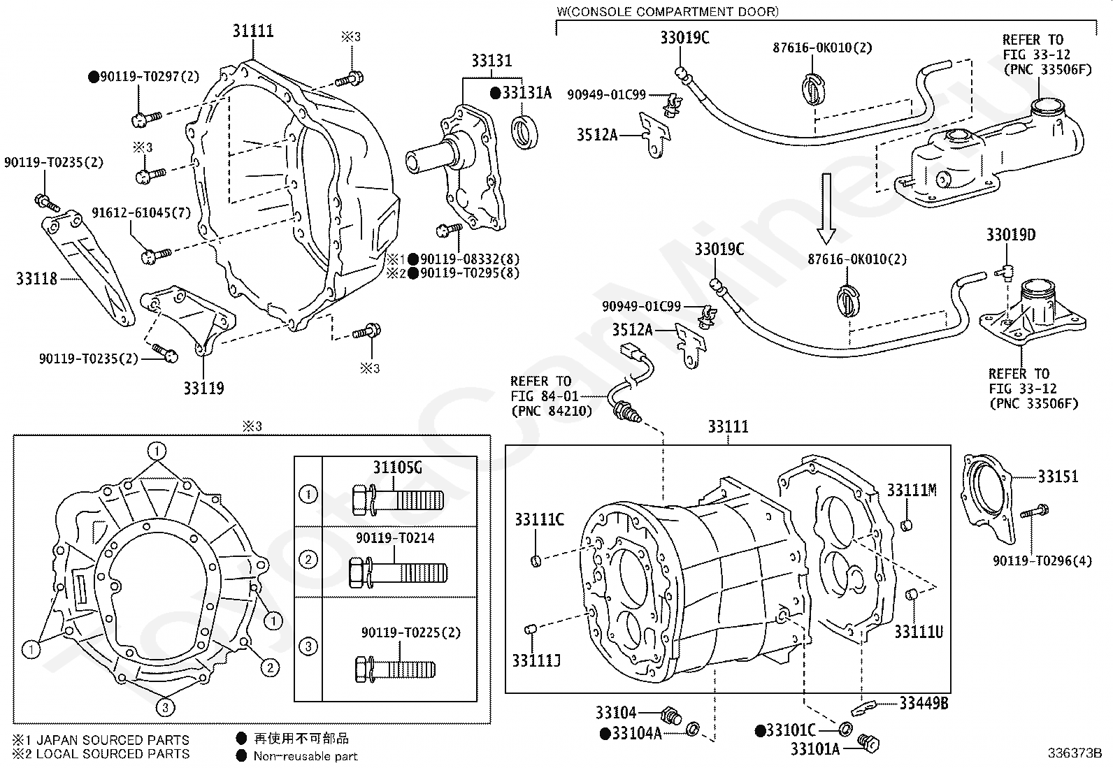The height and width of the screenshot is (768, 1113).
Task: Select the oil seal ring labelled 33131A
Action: click(x=524, y=133)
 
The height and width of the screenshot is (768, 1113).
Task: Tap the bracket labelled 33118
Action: click(x=87, y=268)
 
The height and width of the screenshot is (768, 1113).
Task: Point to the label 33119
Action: click(x=203, y=388)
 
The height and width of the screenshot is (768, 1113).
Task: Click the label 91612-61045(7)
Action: click(x=141, y=212)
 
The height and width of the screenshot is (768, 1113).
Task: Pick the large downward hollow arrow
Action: click(x=826, y=209)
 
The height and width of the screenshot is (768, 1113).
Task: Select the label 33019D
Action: click(x=1011, y=235)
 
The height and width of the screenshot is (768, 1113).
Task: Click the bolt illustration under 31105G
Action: click(x=398, y=499)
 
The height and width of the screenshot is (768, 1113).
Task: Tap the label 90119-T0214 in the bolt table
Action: click(x=395, y=538)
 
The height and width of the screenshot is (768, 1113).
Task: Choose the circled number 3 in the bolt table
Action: click(x=308, y=646)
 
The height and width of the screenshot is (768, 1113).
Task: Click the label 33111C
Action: click(x=539, y=520)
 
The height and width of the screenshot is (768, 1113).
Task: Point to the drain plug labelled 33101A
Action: click(x=869, y=744)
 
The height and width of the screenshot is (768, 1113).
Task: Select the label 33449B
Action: click(x=924, y=703)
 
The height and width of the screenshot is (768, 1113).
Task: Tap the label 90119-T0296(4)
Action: click(x=1042, y=561)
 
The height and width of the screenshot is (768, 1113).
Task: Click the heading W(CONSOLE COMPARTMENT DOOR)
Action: click(x=667, y=11)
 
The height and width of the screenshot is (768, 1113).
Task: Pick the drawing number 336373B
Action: click(x=1075, y=753)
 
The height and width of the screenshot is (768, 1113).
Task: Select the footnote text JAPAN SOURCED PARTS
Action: click(x=113, y=739)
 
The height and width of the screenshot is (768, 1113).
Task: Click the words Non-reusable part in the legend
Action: click(x=305, y=756)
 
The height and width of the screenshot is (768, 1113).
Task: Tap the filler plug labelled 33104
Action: click(x=671, y=716)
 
